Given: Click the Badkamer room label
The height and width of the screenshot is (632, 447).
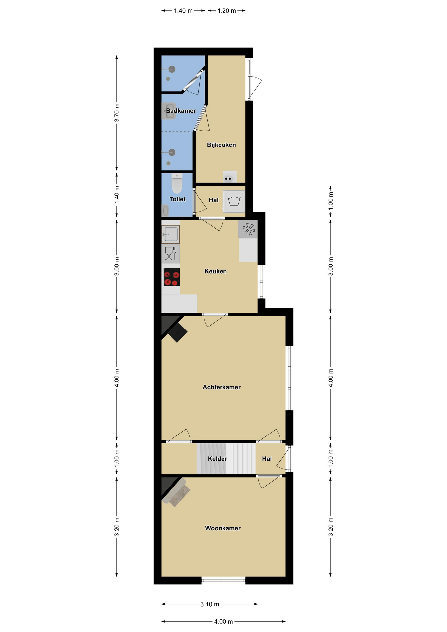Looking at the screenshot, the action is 181,111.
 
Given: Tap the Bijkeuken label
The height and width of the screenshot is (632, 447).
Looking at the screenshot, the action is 221,145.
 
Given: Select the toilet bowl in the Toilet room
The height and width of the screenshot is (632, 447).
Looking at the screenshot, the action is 177,184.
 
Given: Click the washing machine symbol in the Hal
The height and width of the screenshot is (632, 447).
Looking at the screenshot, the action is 234,201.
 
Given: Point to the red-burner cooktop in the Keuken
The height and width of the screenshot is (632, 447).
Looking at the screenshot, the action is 171,277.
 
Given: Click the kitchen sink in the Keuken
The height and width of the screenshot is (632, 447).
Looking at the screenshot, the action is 171,234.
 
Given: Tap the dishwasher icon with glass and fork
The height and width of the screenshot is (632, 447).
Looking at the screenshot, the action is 171,253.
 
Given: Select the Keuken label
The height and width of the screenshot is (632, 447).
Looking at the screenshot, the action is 216,271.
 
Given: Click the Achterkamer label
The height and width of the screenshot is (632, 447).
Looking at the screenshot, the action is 222,387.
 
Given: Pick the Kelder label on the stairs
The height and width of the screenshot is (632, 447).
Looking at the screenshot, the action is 217,459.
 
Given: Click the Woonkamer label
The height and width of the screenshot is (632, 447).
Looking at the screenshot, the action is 223,528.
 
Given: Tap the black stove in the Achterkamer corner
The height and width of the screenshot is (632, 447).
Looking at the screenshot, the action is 177,332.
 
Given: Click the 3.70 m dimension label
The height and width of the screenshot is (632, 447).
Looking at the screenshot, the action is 117,113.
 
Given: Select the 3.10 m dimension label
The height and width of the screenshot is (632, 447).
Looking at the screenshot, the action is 210,604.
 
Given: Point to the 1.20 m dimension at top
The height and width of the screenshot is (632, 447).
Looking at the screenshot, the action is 226,11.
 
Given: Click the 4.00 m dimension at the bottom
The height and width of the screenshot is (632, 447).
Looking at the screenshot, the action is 223,621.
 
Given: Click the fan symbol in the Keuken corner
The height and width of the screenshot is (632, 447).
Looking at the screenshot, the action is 248,229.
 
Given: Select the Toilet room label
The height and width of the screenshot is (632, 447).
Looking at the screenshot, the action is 177,199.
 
